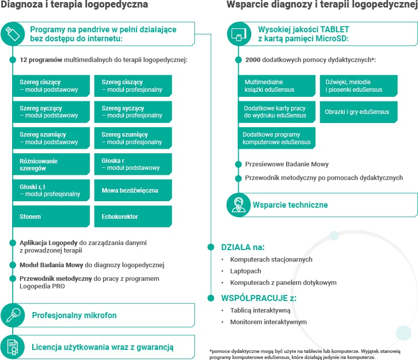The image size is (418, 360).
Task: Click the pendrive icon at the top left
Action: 12,34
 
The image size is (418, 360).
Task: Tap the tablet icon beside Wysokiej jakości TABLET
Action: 239,34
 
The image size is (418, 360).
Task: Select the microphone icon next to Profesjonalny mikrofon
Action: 12,315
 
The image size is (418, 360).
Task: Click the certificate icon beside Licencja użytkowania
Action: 12,346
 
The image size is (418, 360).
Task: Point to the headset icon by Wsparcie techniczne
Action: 239,205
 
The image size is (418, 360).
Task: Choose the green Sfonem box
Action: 51,216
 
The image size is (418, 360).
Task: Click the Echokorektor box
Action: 133,216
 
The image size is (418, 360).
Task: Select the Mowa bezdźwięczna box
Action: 133,191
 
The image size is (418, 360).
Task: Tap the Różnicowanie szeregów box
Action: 51,164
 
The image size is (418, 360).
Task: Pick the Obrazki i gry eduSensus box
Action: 358,112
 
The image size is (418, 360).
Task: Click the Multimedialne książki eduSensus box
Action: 277,86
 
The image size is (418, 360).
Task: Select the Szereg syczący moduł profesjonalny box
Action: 133,112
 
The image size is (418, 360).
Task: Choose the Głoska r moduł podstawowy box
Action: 133,164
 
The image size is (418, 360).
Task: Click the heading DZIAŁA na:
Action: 243,247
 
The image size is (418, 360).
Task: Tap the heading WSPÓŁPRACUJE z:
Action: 258,297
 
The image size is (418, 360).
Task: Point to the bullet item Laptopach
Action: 245,271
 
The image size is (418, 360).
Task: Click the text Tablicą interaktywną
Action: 260,310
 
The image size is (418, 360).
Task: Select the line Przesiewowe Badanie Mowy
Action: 287,164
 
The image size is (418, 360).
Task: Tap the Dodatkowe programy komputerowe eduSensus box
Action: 277,138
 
